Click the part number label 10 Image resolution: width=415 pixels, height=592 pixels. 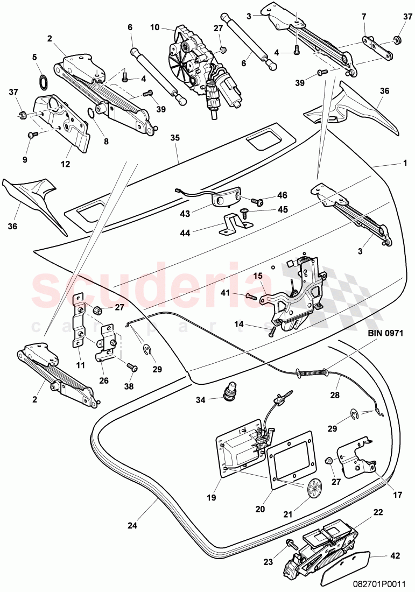click(154, 26)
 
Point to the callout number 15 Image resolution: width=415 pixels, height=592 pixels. click(258, 276)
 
